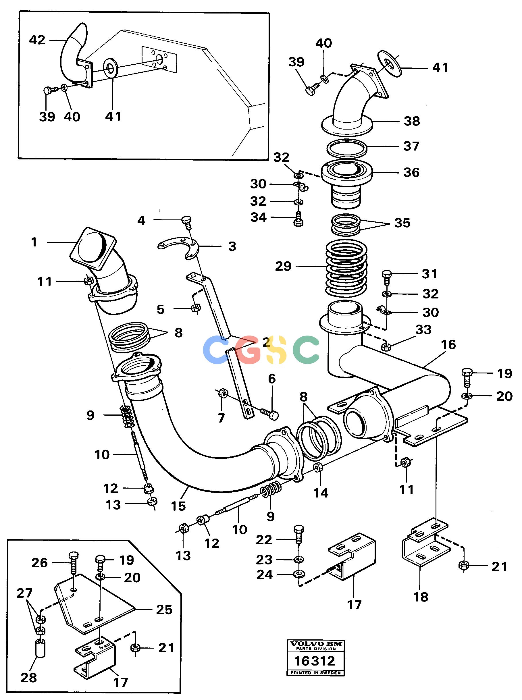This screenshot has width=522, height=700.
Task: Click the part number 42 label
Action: (37, 40)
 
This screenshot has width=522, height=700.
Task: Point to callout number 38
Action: (412, 121)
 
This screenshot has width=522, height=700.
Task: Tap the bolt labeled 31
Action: (387, 276)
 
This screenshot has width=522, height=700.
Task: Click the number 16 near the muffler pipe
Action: (448, 345)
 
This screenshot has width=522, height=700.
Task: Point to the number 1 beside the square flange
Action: (34, 242)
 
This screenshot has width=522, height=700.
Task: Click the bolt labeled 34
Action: (298, 220)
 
